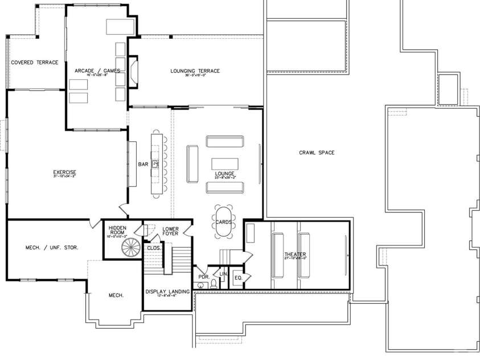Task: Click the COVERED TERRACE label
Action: point(35,63)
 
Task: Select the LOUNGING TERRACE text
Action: point(195,71)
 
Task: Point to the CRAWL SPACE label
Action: point(317,153)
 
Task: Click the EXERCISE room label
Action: point(64,172)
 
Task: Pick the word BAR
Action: point(143,165)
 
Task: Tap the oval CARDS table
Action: point(224,222)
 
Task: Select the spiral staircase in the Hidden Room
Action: point(131,248)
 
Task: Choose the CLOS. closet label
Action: point(153,248)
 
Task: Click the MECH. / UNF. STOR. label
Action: point(52,248)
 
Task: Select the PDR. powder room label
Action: point(204,277)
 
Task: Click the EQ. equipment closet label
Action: point(238,277)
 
